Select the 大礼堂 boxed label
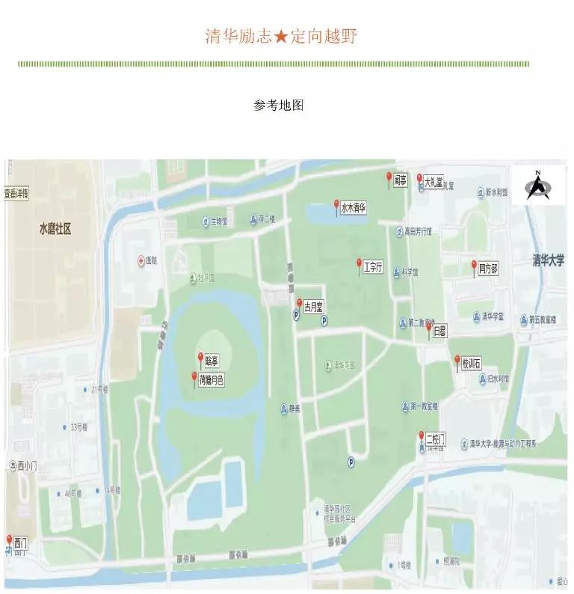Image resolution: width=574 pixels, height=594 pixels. (433, 181)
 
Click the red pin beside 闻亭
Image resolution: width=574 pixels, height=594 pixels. (389, 178)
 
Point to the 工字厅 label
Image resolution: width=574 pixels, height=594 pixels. (373, 266)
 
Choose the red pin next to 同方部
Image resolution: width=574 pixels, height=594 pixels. (474, 266)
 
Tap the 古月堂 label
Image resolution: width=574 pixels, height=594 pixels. (312, 307)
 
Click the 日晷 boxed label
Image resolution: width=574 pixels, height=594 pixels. (439, 330)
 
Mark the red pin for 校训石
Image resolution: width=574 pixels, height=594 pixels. (457, 361)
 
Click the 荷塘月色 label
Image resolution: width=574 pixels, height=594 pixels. (212, 380)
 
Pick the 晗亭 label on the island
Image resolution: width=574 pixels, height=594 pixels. (212, 361)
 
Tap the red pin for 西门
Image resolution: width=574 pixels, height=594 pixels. (9, 539)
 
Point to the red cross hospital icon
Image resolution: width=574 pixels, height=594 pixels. (141, 260)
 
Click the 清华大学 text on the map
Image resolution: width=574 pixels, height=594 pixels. (548, 260)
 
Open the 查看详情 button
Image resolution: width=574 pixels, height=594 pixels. (16, 194)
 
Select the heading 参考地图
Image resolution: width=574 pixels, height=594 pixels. (278, 105)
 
